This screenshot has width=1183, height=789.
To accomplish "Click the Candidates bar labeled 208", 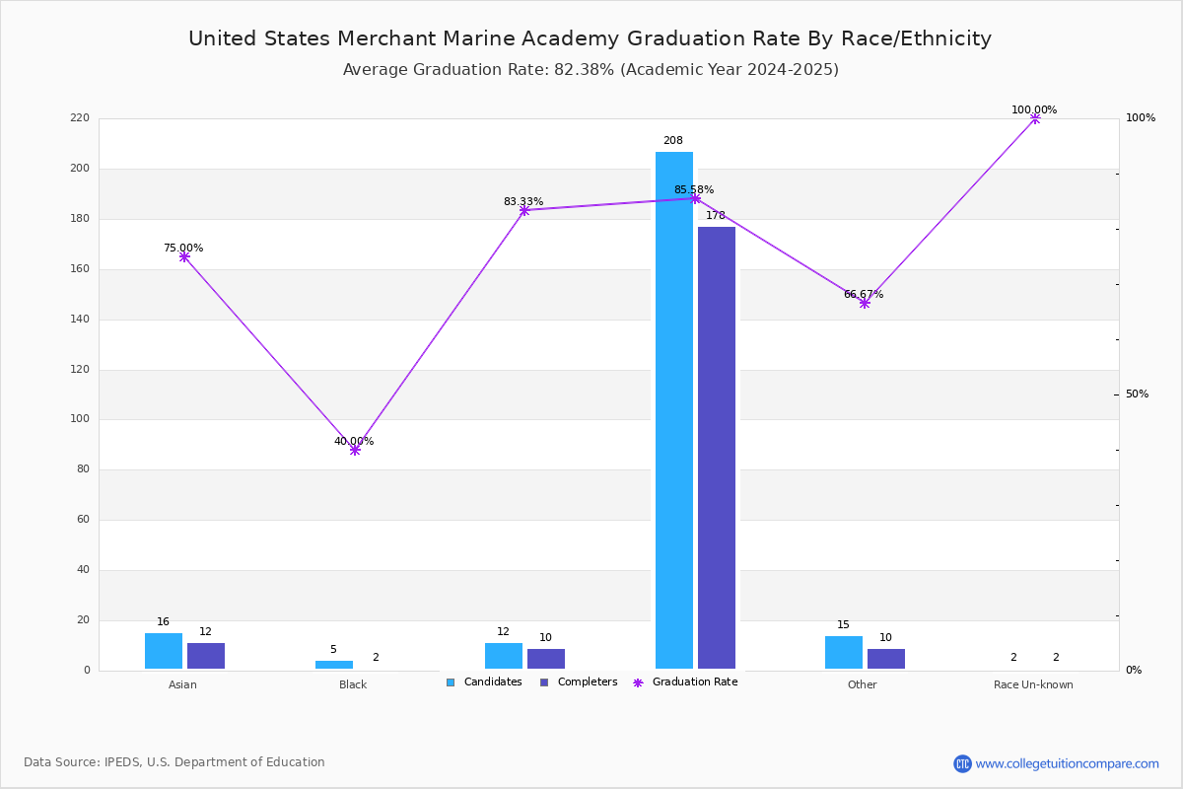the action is tap(674, 410).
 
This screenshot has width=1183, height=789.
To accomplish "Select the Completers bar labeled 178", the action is tap(716, 448).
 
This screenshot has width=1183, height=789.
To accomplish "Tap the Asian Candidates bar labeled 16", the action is tap(164, 651).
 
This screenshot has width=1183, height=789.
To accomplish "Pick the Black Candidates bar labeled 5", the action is tap(334, 665).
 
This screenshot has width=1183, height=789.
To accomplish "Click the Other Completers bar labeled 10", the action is tap(886, 659).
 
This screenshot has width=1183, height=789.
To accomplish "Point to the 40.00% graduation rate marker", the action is tap(355, 451).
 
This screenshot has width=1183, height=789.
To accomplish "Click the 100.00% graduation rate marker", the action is tap(1035, 119).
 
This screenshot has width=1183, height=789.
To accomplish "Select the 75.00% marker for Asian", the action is tap(184, 256).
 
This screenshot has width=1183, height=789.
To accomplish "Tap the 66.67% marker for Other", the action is tap(865, 303).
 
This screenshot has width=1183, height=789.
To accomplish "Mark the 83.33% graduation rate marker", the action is tap(524, 211).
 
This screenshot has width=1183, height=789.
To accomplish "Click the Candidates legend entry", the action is tap(484, 682).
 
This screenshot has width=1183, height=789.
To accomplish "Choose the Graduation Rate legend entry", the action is tap(685, 682).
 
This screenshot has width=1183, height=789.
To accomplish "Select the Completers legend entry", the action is tap(579, 682).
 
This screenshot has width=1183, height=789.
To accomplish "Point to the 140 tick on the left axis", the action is tap(80, 320).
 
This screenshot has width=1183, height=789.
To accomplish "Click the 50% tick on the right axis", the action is tap(1137, 394).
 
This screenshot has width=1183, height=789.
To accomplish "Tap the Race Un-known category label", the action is tap(1033, 684).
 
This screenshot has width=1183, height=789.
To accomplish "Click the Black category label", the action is tap(353, 684).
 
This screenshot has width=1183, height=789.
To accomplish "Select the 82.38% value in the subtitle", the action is tap(584, 70).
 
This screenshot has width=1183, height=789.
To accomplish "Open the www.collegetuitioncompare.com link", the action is tap(1067, 763).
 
